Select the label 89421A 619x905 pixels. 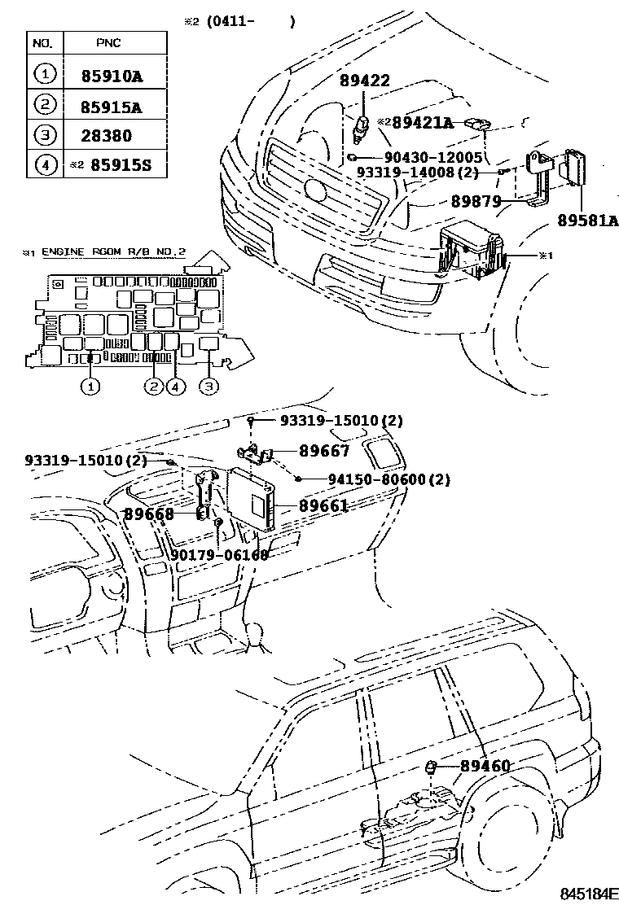click(422, 123)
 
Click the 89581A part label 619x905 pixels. click(588, 220)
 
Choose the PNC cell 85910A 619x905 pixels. click(112, 77)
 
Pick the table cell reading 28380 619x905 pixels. click(106, 136)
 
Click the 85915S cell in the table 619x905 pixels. click(121, 166)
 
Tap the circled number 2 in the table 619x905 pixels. click(45, 106)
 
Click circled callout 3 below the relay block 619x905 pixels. click(209, 387)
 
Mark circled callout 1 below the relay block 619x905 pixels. click(90, 387)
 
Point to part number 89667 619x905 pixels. click(323, 451)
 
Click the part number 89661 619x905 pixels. click(323, 505)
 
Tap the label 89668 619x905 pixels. click(149, 514)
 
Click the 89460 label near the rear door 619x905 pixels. click(485, 766)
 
